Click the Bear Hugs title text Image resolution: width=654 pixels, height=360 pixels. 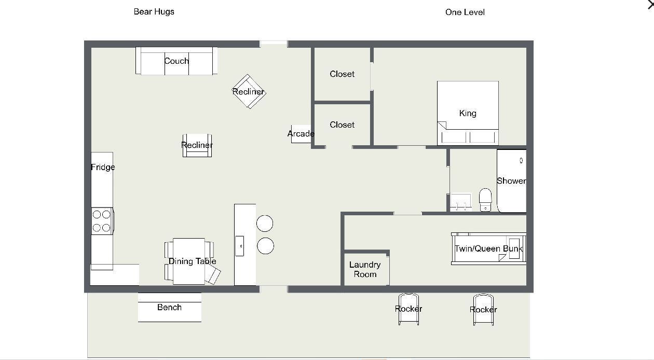tap(154, 11)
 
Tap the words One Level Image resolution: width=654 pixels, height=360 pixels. tap(465, 12)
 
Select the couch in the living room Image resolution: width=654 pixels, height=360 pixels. tap(176, 61)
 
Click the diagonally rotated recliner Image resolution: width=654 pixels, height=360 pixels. tap(249, 91)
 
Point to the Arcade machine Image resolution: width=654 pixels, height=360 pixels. tap(301, 134)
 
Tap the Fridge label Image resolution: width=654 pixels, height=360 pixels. tap(103, 167)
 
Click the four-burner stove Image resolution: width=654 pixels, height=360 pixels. tap(102, 220)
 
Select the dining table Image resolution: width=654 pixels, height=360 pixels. tap(189, 261)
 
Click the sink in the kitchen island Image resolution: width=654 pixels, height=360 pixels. tap(240, 245)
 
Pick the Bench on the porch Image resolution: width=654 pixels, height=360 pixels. tap(169, 307)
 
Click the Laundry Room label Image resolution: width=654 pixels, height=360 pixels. tap(365, 269)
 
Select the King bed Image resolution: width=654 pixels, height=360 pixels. tap(468, 113)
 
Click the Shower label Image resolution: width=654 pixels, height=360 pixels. tap(511, 181)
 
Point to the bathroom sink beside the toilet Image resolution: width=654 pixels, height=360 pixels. tap(460, 202)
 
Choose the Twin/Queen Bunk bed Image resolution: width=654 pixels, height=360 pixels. tap(488, 248)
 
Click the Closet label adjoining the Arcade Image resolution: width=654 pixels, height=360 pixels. tap(342, 124)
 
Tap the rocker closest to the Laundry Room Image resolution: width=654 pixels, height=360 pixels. tap(408, 309)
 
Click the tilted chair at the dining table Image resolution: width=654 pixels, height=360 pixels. tap(213, 274)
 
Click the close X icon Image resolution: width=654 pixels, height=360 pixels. tap(648, 4)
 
